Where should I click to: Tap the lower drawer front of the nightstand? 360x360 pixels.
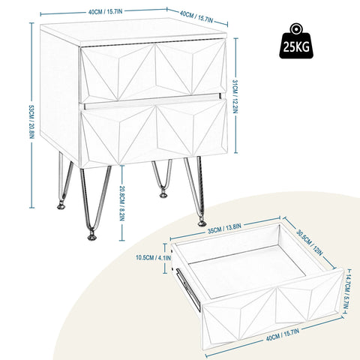tap(153, 132)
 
